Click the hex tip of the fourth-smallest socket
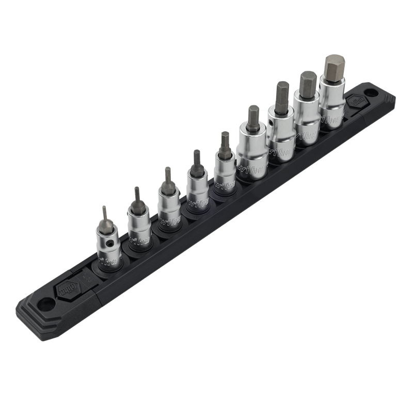[197, 158]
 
